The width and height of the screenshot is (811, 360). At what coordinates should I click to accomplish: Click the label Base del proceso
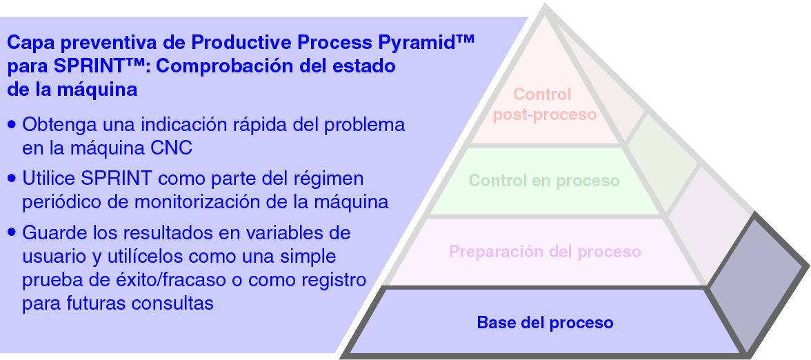coord(545,323)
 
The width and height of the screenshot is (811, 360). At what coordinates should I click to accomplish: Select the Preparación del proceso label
coord(545,252)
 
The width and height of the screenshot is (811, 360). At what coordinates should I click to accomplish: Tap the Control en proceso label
coord(544,181)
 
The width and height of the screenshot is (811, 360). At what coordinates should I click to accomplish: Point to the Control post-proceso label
coord(543,104)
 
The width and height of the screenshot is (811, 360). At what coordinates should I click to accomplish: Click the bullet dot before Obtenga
coord(12,126)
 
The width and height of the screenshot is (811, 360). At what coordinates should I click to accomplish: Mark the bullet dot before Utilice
coord(12,178)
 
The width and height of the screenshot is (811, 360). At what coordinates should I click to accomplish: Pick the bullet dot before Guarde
coord(12,232)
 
